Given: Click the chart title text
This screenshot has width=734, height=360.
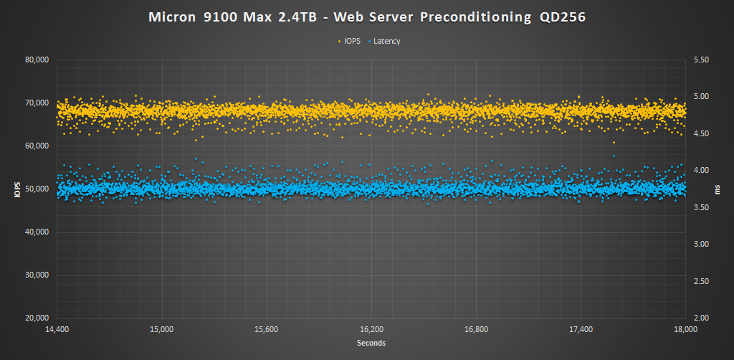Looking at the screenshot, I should [x=366, y=17].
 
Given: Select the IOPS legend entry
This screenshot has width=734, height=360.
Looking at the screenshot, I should [x=349, y=41].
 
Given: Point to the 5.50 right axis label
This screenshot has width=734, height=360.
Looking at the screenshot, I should [x=699, y=60].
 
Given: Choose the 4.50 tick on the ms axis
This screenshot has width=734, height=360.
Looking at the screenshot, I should [x=699, y=133].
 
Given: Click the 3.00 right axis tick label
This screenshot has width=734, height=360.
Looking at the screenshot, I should [x=699, y=245].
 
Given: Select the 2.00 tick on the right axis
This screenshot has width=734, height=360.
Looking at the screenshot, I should [x=699, y=318].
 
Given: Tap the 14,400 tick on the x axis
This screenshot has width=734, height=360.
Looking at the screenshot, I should [x=57, y=330].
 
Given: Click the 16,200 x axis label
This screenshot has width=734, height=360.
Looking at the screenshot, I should [x=371, y=330].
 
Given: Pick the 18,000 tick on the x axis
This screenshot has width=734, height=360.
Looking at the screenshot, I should [x=685, y=330].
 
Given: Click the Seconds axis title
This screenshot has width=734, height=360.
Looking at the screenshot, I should [x=371, y=344].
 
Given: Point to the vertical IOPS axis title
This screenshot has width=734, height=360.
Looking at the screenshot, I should [x=15, y=189].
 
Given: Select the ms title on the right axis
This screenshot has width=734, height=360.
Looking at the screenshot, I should [x=718, y=189].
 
